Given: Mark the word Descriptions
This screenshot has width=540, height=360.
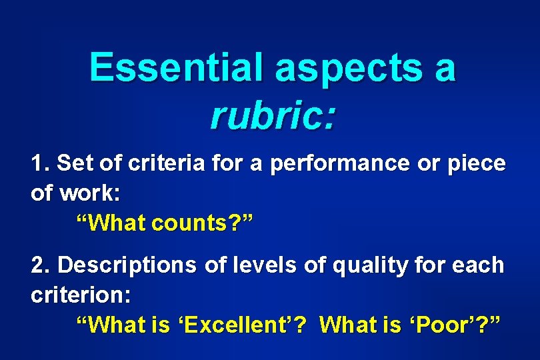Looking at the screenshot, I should pyautogui.click(x=127, y=265).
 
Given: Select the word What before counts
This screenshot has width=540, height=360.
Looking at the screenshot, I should pyautogui.click(x=107, y=223).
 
